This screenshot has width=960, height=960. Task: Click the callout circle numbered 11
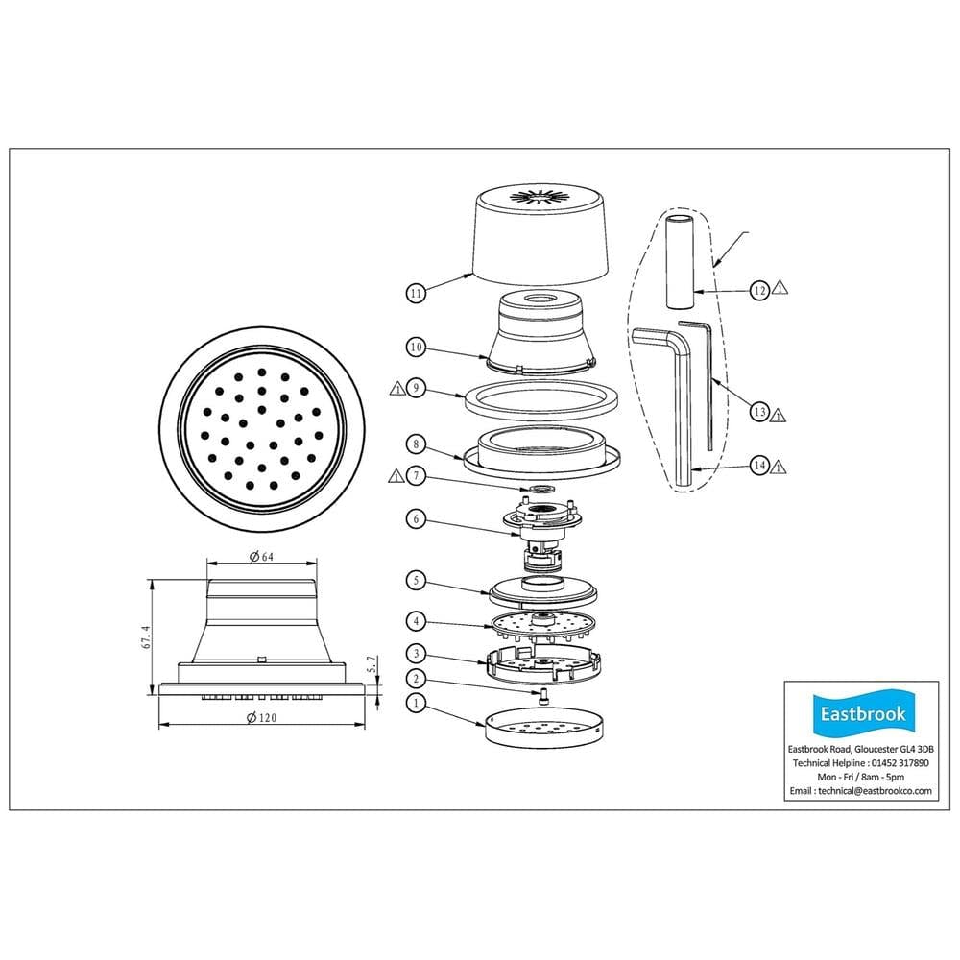click(416, 293)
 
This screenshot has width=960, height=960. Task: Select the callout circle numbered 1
click(416, 703)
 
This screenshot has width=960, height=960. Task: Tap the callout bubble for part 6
click(416, 519)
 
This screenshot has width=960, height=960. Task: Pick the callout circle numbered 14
click(759, 466)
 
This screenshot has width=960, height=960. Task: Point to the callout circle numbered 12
click(759, 290)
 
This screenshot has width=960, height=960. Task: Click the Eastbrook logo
click(862, 714)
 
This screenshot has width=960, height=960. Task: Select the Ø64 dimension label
click(261, 557)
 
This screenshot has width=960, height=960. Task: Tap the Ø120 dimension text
click(261, 717)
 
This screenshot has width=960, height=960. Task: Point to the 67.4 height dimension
click(146, 636)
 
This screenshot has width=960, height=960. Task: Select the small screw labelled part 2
click(543, 696)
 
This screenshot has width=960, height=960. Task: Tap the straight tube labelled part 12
click(680, 261)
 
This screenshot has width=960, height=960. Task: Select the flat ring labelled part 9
click(540, 398)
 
